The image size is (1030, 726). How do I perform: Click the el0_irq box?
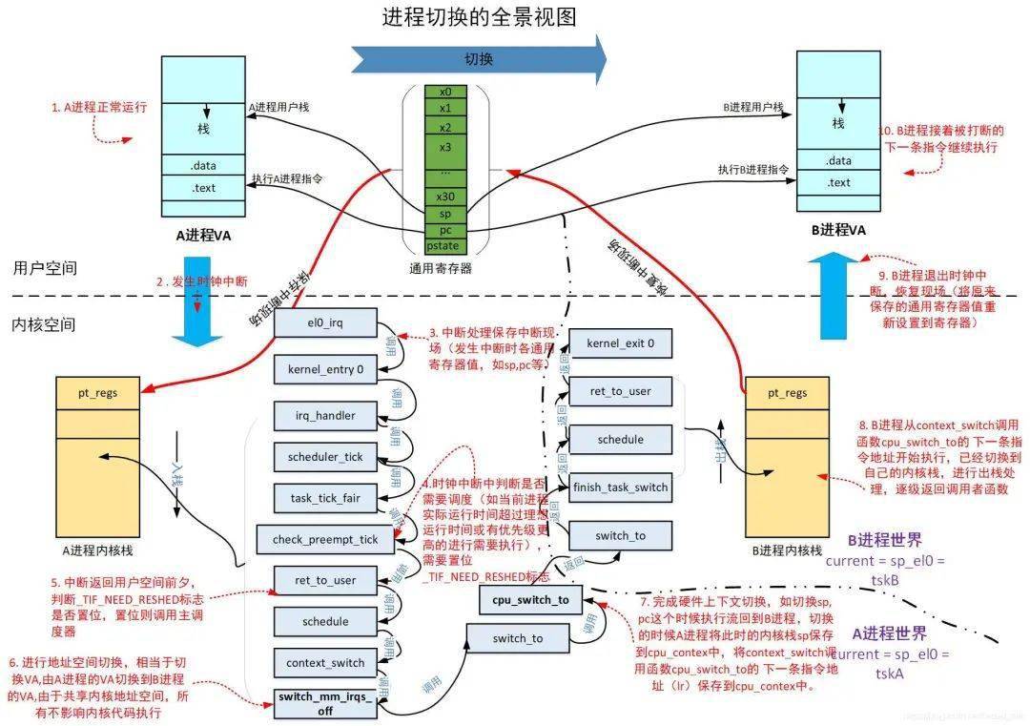(x=325, y=323)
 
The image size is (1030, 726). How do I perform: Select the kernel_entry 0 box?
(x=325, y=368)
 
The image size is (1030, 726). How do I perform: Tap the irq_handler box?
(x=325, y=415)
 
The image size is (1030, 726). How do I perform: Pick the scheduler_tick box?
(x=325, y=457)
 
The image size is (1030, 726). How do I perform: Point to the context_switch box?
(x=325, y=663)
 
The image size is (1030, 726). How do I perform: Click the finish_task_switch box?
(x=620, y=487)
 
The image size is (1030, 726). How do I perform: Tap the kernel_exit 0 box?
(x=620, y=343)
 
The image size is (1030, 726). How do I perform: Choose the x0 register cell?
(x=445, y=92)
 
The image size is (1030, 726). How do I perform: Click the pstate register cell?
(x=443, y=245)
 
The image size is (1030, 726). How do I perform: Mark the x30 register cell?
(x=445, y=197)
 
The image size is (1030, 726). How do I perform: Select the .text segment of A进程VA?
(x=204, y=187)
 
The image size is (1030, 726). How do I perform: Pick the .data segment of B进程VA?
(x=838, y=160)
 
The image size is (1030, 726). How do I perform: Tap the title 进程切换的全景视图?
(x=480, y=17)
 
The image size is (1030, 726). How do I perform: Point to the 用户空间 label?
(x=45, y=268)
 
